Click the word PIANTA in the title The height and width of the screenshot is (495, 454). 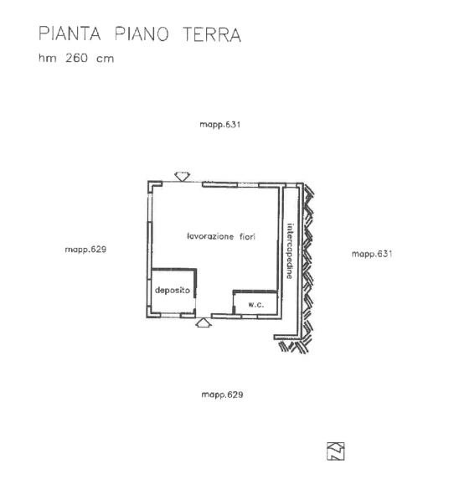click(x=70, y=34)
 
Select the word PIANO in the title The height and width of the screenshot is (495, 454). click(x=142, y=34)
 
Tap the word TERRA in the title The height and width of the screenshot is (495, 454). click(x=212, y=34)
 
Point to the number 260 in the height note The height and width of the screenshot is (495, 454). click(x=76, y=58)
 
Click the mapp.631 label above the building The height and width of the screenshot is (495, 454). click(x=220, y=125)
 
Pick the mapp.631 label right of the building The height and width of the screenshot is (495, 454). click(x=372, y=254)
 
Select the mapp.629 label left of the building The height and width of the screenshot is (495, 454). click(x=85, y=250)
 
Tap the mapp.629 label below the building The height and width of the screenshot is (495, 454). click(x=222, y=394)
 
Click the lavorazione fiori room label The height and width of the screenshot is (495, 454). click(x=221, y=236)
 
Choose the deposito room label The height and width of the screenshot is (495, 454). click(x=173, y=290)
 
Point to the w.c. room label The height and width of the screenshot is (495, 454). click(x=256, y=305)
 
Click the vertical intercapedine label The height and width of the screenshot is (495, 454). click(x=290, y=251)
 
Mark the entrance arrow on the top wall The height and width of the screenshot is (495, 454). click(x=182, y=177)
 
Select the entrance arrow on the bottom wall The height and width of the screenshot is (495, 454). click(x=204, y=322)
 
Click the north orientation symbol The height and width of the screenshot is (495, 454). click(x=336, y=451)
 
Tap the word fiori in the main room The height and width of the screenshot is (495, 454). click(x=247, y=236)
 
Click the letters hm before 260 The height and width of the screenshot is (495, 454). click(x=48, y=58)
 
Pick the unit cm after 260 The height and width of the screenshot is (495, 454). click(x=106, y=59)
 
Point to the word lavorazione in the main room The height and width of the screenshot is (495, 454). click(x=210, y=236)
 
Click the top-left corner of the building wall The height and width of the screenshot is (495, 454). click(x=147, y=181)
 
